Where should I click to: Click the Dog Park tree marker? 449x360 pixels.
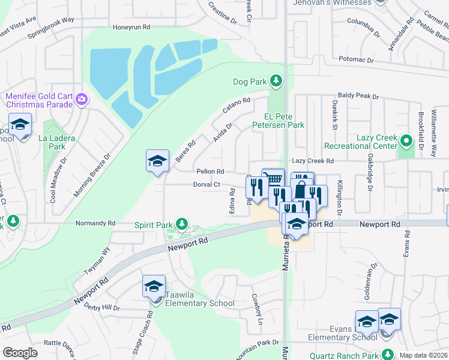(x=276, y=80)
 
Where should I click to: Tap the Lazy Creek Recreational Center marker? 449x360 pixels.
(x=406, y=142)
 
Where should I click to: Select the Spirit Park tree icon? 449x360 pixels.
(x=181, y=225)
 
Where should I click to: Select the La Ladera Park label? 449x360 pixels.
(x=56, y=142)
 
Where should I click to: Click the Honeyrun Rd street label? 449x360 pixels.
(x=131, y=28)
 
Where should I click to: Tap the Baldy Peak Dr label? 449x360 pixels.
(x=358, y=95)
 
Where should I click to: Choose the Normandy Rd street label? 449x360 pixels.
(x=95, y=223)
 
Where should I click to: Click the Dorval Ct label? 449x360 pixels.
(x=208, y=185)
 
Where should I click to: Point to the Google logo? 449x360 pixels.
(x=20, y=353)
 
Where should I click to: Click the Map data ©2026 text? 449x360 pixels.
(x=423, y=355)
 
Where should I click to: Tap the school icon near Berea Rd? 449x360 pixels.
(x=157, y=161)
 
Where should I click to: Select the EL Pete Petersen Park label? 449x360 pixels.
(x=285, y=121)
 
